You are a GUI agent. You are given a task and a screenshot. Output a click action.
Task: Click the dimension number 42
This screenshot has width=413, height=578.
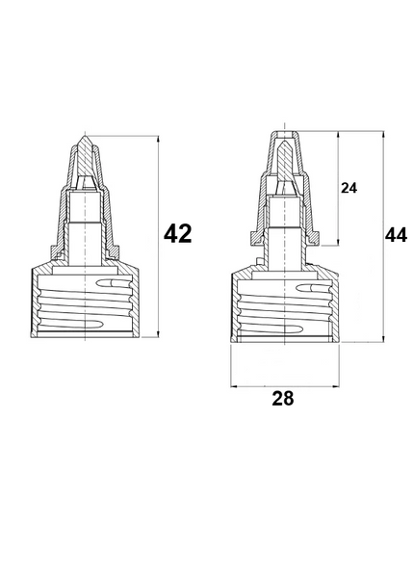[x=177, y=233]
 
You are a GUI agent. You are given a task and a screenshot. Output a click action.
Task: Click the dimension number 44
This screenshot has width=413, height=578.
[x=396, y=235]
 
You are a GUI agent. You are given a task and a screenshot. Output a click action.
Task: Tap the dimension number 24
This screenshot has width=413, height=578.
[x=348, y=188]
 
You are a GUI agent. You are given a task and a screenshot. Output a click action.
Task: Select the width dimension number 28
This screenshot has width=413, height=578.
[x=283, y=398]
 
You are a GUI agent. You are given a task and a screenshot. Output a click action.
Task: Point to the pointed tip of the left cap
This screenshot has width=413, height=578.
[x=85, y=137]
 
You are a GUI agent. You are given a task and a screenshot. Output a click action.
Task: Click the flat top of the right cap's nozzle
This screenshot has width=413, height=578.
[x=285, y=131]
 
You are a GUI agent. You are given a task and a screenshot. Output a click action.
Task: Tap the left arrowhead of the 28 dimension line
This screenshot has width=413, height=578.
[x=234, y=386]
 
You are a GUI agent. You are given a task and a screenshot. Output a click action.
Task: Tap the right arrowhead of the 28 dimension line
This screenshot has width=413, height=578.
[x=336, y=386]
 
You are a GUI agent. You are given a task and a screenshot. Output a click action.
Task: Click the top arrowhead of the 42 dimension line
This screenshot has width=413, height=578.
[x=159, y=140]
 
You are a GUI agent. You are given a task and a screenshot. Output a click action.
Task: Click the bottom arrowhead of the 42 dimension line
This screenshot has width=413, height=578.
[x=159, y=333]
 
